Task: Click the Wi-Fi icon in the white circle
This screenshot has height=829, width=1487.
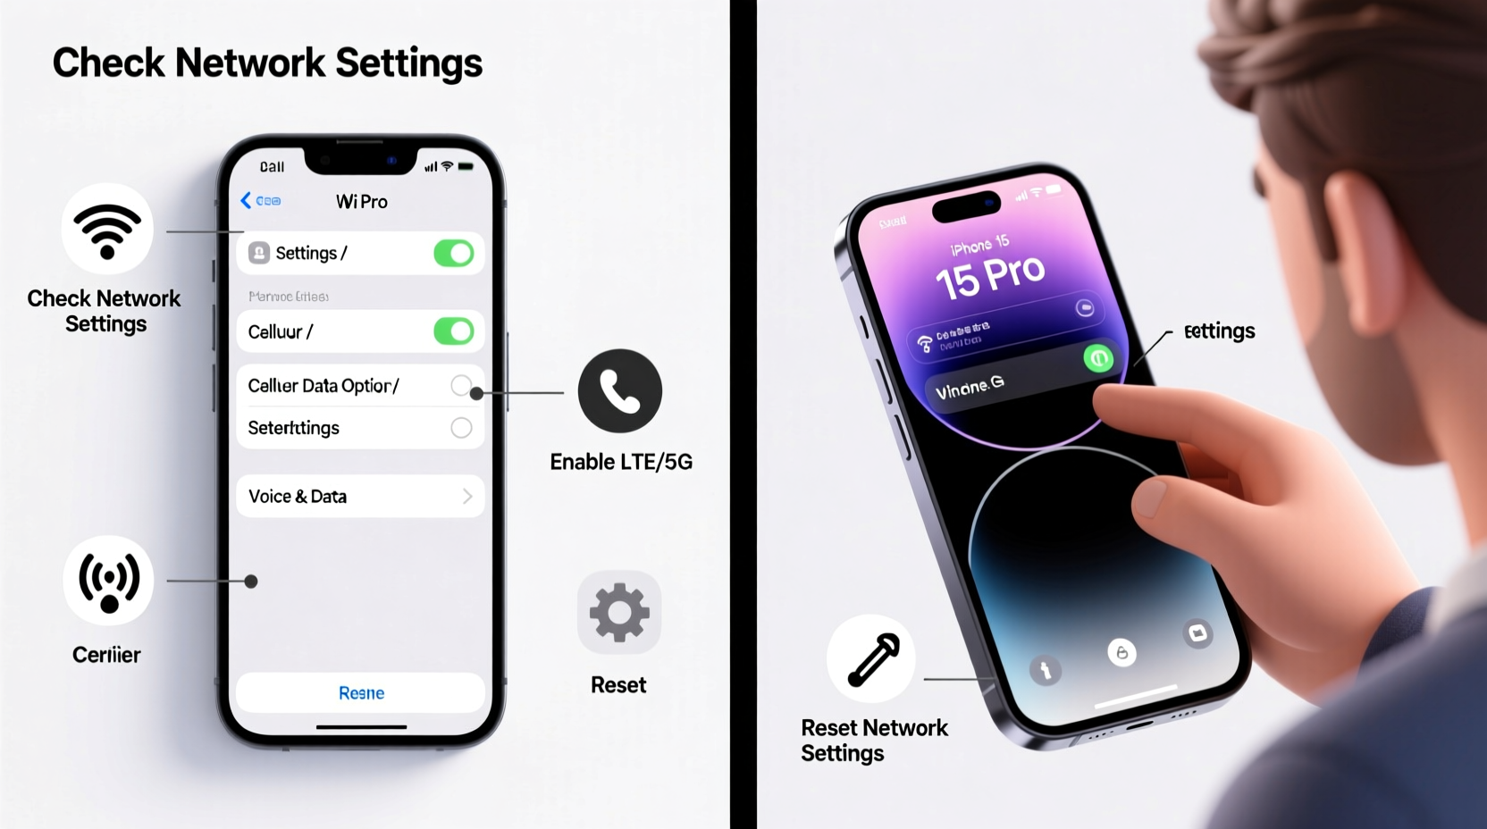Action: pos(107,230)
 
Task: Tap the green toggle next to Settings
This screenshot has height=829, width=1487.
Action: pos(453,254)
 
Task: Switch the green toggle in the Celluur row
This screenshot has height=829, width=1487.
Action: pos(453,331)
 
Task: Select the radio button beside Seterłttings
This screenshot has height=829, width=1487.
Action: pos(461,428)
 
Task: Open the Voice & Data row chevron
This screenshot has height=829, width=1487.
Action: pos(467,497)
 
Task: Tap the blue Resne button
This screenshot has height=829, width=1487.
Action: pos(361,693)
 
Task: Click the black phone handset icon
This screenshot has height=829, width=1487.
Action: pos(619,391)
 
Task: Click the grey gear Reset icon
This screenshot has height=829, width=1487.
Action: pos(619,613)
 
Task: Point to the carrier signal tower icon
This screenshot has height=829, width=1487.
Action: pos(109,581)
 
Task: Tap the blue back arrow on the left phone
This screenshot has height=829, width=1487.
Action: pos(246,201)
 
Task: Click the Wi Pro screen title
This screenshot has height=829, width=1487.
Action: pos(361,202)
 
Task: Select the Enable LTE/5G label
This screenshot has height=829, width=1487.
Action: pos(621,462)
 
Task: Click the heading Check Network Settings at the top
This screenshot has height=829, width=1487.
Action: pos(267,63)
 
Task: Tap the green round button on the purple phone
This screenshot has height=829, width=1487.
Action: pos(1098,359)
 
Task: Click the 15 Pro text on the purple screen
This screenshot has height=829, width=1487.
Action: pos(989,277)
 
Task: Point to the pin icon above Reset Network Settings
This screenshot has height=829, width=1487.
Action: pos(872,659)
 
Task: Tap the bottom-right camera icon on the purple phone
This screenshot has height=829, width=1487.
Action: pos(1197,633)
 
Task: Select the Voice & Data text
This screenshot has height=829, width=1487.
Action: pos(298,497)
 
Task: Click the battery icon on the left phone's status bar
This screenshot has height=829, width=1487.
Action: pos(466,166)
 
